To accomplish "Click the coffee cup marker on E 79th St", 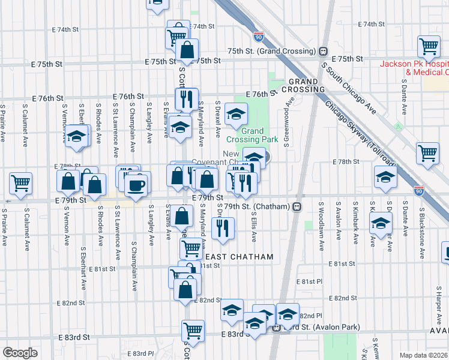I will (137, 184).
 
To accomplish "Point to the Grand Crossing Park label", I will (261, 135).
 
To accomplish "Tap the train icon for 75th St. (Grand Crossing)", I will (323, 51).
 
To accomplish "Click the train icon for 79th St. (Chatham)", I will (297, 206).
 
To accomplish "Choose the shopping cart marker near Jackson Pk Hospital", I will (429, 46).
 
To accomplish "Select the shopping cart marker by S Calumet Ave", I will (20, 182).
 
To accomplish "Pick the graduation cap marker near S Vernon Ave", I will (77, 136).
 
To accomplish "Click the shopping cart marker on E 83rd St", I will (193, 330).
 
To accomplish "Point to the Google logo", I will (20, 352).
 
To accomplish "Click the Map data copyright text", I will (424, 355).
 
